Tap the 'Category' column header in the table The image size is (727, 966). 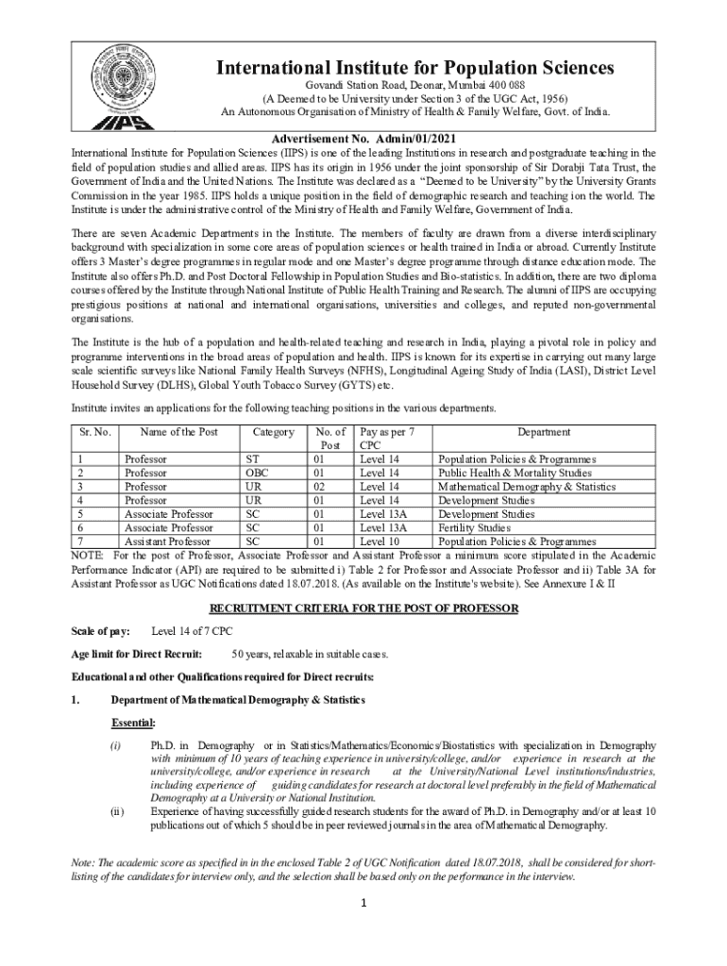274,432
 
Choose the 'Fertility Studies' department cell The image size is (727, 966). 474,528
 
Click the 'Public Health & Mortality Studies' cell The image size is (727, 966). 515,473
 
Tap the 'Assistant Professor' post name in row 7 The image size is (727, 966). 168,541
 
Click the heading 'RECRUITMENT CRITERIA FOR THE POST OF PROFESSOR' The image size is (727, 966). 363,608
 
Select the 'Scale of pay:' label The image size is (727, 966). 101,630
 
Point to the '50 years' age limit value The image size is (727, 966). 252,653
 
